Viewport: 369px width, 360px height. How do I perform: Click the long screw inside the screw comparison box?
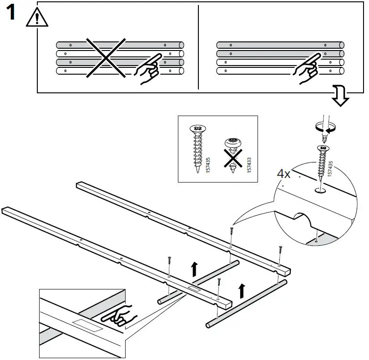tap(197, 147)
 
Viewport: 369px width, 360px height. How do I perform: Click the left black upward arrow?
tap(194, 269)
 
